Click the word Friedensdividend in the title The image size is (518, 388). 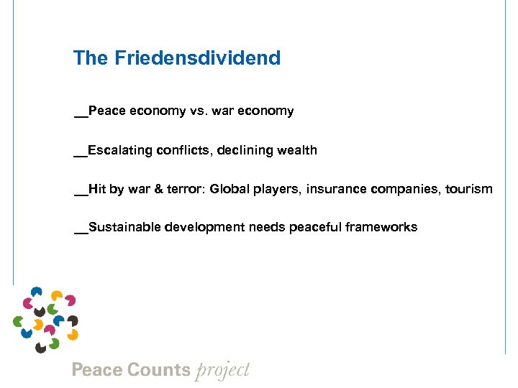click(x=197, y=58)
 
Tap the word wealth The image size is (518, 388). click(x=298, y=150)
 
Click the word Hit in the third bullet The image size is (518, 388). click(x=97, y=190)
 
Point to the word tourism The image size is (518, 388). click(x=469, y=190)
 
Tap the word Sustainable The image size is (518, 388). click(x=124, y=228)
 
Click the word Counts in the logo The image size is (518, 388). click(x=158, y=371)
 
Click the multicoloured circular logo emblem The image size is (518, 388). click(x=45, y=320)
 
